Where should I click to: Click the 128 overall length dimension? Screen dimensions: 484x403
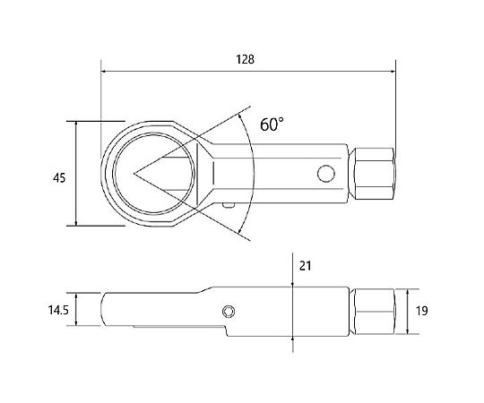(x=245, y=59)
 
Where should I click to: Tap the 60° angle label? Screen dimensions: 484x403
(x=272, y=124)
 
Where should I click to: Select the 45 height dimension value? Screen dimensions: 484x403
(x=59, y=178)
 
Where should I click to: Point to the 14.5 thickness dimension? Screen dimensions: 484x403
(x=58, y=310)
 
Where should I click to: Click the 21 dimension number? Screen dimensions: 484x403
(x=305, y=266)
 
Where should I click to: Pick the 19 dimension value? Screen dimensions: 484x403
(x=422, y=311)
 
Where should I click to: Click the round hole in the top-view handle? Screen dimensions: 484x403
(x=326, y=174)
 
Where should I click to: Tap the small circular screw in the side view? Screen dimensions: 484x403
(x=229, y=312)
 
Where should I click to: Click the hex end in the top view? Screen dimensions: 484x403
(x=374, y=173)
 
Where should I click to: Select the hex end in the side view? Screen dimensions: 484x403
(x=374, y=312)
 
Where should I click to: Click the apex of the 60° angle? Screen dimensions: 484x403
(x=134, y=174)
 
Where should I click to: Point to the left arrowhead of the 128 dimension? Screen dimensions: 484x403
(x=104, y=72)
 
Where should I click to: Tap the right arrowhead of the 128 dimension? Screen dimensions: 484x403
(x=393, y=72)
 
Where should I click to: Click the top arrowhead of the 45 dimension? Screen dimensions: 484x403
(x=76, y=124)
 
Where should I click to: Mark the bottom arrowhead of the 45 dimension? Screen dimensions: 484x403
(x=76, y=223)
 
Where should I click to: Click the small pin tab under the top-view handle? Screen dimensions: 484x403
(x=229, y=206)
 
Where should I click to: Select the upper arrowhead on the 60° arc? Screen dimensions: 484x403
(x=241, y=116)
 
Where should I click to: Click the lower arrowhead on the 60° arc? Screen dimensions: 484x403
(x=239, y=230)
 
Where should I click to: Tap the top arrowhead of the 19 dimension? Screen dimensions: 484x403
(x=408, y=292)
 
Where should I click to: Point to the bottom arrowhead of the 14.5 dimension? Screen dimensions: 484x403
(x=76, y=322)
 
